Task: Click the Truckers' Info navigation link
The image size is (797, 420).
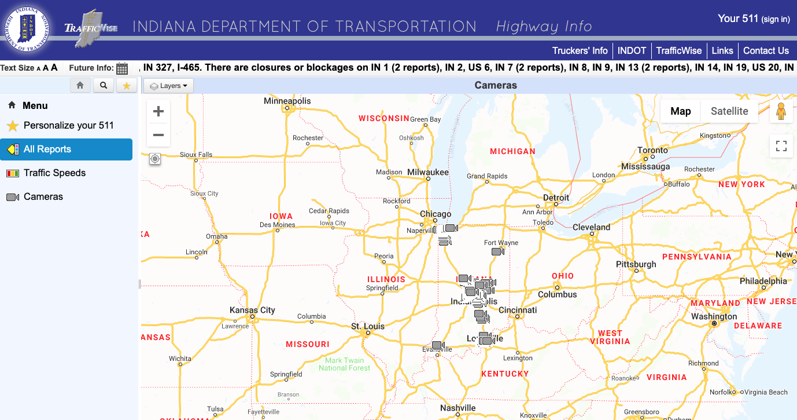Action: (580, 50)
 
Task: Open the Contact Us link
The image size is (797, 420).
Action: (766, 50)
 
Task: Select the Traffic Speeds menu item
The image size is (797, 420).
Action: (54, 173)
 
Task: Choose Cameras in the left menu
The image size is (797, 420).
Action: (43, 196)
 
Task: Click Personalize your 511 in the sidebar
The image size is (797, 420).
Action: (68, 125)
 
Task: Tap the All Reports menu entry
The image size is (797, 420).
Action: (47, 149)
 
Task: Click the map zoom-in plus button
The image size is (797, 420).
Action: (158, 111)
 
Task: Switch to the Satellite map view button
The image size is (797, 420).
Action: (729, 111)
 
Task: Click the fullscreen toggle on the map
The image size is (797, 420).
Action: (781, 146)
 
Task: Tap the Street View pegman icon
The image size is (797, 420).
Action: (781, 111)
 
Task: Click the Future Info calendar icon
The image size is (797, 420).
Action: (122, 68)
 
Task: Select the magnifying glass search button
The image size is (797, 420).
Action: (103, 86)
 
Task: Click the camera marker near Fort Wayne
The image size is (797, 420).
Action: (497, 251)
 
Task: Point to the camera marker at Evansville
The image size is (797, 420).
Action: (438, 345)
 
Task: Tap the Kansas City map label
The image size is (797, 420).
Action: (252, 310)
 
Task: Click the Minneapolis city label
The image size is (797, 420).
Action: (287, 101)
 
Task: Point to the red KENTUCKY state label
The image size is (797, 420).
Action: (505, 374)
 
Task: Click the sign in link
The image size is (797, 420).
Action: (775, 19)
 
